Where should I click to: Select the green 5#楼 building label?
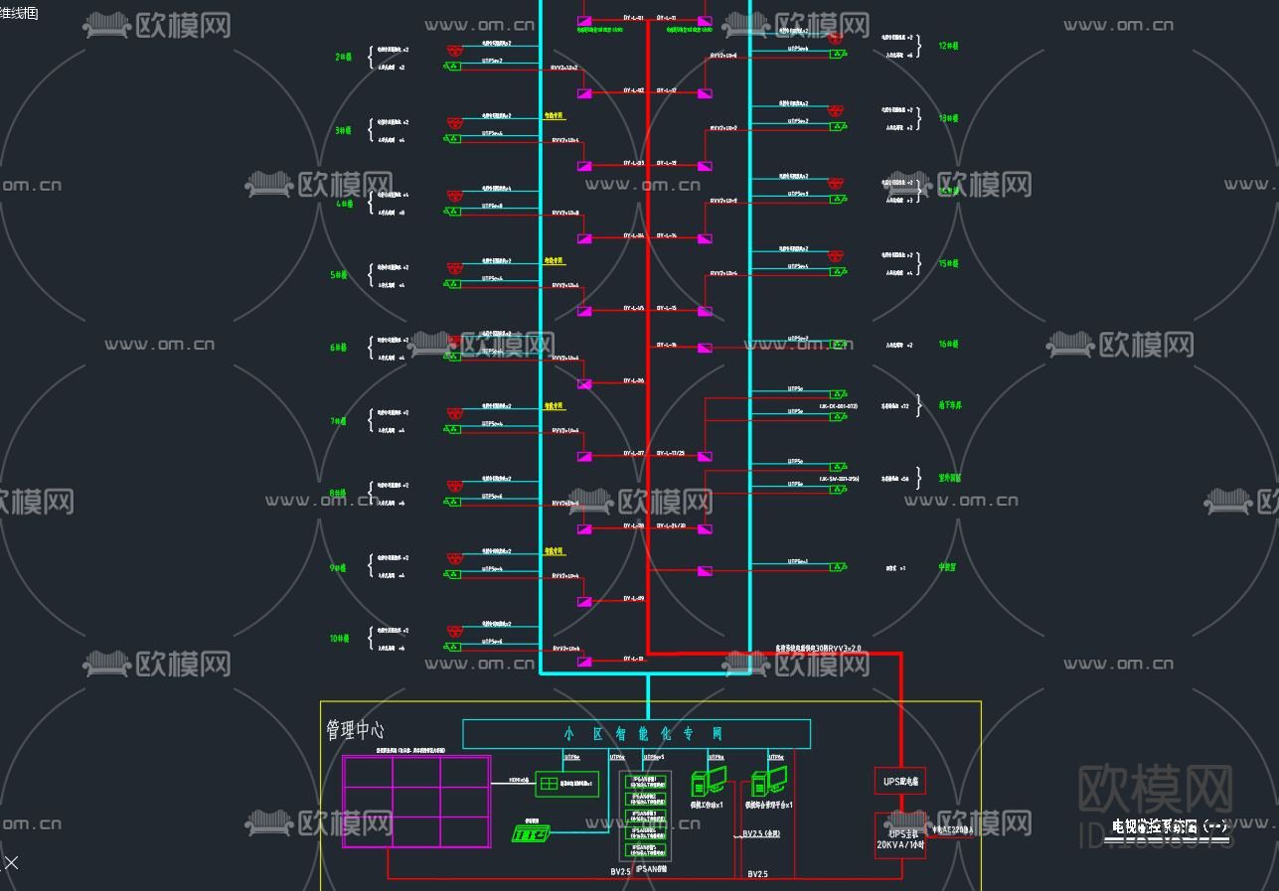(339, 275)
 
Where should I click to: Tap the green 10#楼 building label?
(340, 639)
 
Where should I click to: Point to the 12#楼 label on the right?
(948, 46)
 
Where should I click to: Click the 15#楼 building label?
(948, 264)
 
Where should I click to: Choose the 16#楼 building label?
(948, 345)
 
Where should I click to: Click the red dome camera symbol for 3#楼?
(454, 122)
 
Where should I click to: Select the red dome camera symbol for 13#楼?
(837, 110)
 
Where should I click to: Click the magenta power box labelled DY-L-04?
(584, 238)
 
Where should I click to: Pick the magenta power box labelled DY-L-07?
(584, 457)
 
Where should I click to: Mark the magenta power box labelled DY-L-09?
(584, 602)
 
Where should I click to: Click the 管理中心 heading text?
(355, 731)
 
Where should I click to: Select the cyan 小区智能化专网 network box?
(636, 734)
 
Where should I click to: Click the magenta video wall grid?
(416, 802)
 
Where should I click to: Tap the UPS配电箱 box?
(899, 781)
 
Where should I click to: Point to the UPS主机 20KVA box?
(899, 835)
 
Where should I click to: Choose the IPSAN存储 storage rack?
(645, 817)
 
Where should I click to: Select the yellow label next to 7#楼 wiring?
(554, 405)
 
